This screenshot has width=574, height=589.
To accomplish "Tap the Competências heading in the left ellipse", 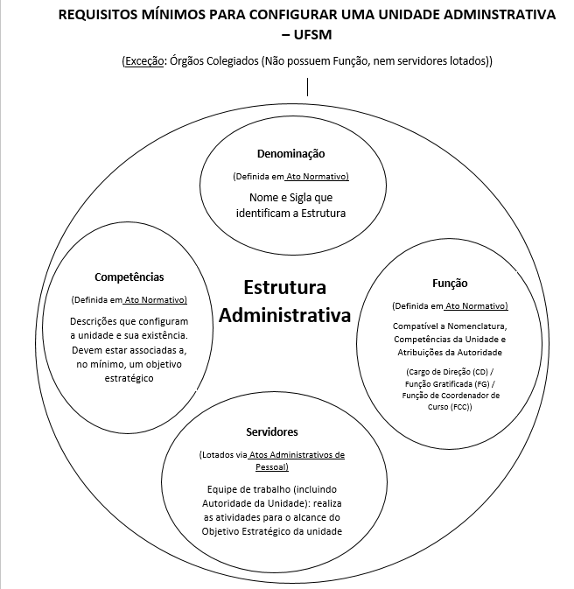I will coord(129,277).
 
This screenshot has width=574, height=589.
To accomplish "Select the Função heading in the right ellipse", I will coord(450,284).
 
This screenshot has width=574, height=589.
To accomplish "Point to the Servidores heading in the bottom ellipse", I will coord(272,432).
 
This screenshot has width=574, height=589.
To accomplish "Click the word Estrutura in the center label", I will coord(284,288).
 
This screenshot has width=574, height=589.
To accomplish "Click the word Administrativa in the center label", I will coord(284,315).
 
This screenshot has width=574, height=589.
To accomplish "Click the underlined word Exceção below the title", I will coord(143,61).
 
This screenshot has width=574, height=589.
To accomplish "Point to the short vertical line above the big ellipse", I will coord(307,87).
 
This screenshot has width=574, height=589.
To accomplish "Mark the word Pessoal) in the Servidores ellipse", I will coord(272,467).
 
